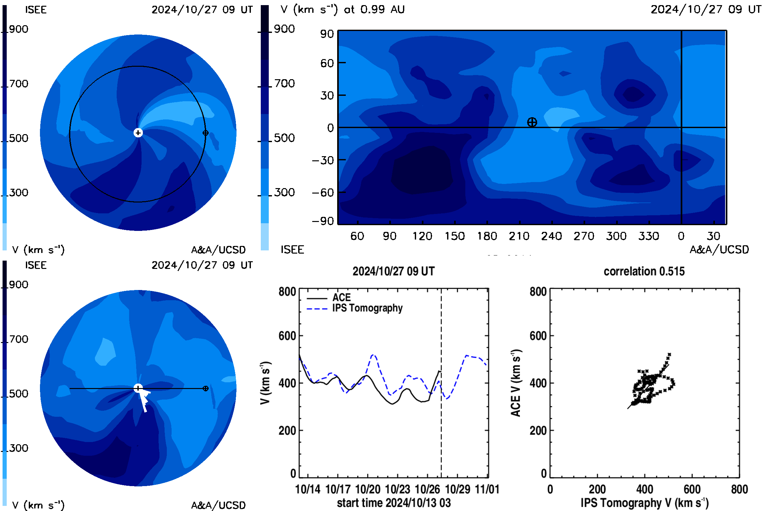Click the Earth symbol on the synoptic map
tap(532, 122)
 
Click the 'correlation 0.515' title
tap(644, 271)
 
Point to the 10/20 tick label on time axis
tap(368, 489)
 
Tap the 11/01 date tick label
tap(487, 489)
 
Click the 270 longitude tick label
tap(584, 236)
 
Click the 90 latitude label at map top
tap(327, 34)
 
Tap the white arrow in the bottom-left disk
tap(144, 400)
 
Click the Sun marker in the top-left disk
tap(138, 133)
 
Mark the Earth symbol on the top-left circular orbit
tap(205, 133)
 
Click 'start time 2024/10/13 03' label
tap(394, 503)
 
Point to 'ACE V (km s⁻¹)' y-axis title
tap(515, 383)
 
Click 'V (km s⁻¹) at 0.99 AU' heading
tap(342, 9)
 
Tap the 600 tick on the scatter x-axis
tap(692, 489)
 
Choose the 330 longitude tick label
tap(649, 236)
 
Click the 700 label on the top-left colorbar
tap(19, 84)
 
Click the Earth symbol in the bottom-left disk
tap(205, 388)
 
